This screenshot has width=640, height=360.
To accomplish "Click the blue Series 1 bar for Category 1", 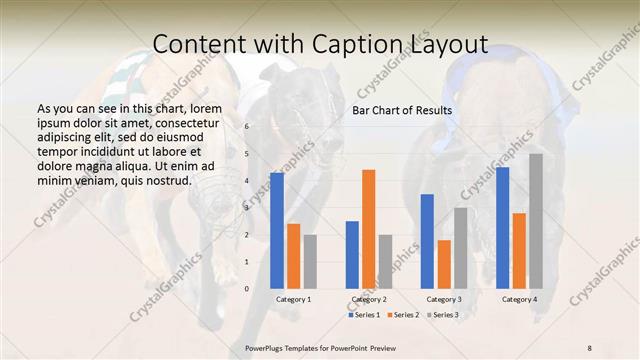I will tap(277, 231).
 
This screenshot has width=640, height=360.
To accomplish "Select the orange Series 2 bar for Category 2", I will tap(369, 229).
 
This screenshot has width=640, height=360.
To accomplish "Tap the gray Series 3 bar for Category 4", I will tap(536, 221).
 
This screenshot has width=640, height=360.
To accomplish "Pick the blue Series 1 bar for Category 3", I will tap(427, 241).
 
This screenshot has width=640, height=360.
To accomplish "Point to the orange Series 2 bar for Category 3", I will tap(444, 264).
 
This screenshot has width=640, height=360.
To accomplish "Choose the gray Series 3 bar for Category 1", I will tap(310, 262).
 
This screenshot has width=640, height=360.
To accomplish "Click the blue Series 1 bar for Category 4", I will tap(502, 228).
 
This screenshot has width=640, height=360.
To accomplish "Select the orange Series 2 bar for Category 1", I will tap(293, 256).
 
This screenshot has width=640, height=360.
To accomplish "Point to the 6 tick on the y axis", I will tap(247, 127).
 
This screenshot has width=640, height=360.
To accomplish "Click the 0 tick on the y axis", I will tap(247, 289).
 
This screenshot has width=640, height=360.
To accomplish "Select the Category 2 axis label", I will tap(369, 300).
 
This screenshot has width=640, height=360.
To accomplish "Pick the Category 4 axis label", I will tap(519, 300).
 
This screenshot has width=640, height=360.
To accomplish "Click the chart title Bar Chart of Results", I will tap(402, 110).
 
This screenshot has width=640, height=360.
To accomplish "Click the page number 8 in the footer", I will tap(589, 346).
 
